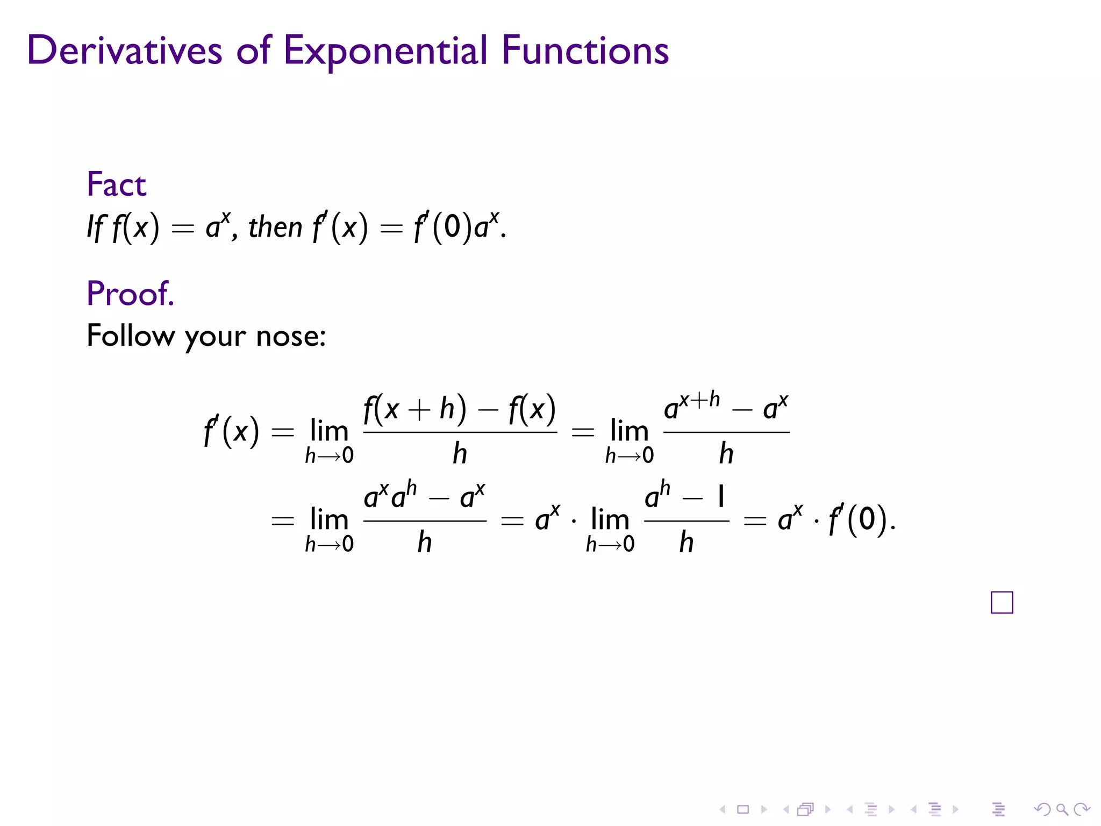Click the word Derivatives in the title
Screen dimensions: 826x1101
coord(124,51)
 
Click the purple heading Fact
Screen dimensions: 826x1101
coord(116,184)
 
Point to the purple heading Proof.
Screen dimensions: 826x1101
coord(130,294)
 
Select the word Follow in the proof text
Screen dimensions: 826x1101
coord(131,336)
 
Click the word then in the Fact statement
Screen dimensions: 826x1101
coord(275,227)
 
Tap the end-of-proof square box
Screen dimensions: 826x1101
coord(1002,602)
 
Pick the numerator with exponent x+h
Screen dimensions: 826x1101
coord(726,408)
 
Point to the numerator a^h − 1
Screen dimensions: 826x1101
coord(685,496)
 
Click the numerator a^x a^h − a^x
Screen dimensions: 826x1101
coord(424,496)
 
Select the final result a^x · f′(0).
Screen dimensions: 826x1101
coord(836,519)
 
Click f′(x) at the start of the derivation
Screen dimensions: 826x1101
coord(231,431)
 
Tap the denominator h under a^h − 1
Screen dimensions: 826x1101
coord(686,542)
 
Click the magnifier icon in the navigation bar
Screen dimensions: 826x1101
coord(1062,809)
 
